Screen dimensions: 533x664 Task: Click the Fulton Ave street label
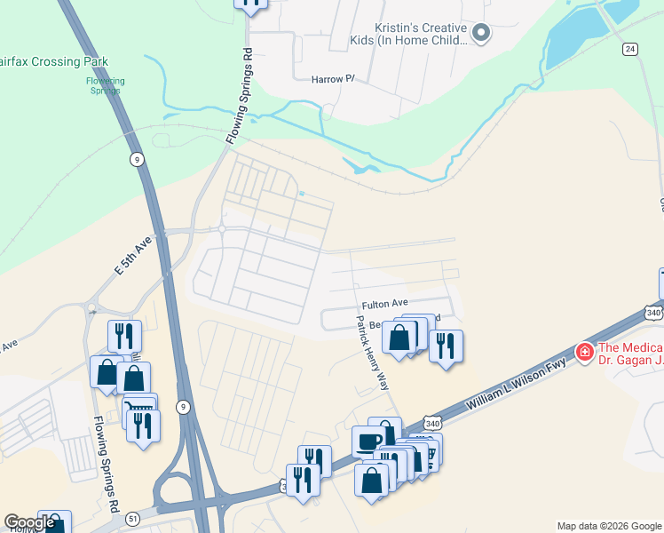pyautogui.click(x=384, y=303)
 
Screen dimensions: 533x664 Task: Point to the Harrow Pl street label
pyautogui.click(x=333, y=79)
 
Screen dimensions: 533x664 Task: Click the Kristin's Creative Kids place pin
pyautogui.click(x=481, y=34)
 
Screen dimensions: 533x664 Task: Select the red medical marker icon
pyautogui.click(x=584, y=353)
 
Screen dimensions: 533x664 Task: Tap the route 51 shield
pyautogui.click(x=133, y=517)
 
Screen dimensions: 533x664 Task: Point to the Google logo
pyautogui.click(x=29, y=522)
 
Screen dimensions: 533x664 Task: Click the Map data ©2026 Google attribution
pyautogui.click(x=609, y=526)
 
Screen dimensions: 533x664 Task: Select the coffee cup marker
pyautogui.click(x=368, y=441)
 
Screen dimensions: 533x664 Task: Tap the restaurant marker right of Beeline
pyautogui.click(x=446, y=345)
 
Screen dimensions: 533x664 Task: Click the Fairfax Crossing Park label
pyautogui.click(x=55, y=61)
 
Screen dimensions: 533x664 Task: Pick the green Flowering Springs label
pyautogui.click(x=106, y=85)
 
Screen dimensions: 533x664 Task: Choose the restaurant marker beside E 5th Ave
pyautogui.click(x=124, y=335)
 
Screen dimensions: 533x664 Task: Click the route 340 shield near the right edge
pyautogui.click(x=653, y=313)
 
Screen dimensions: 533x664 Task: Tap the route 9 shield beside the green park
pyautogui.click(x=136, y=159)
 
